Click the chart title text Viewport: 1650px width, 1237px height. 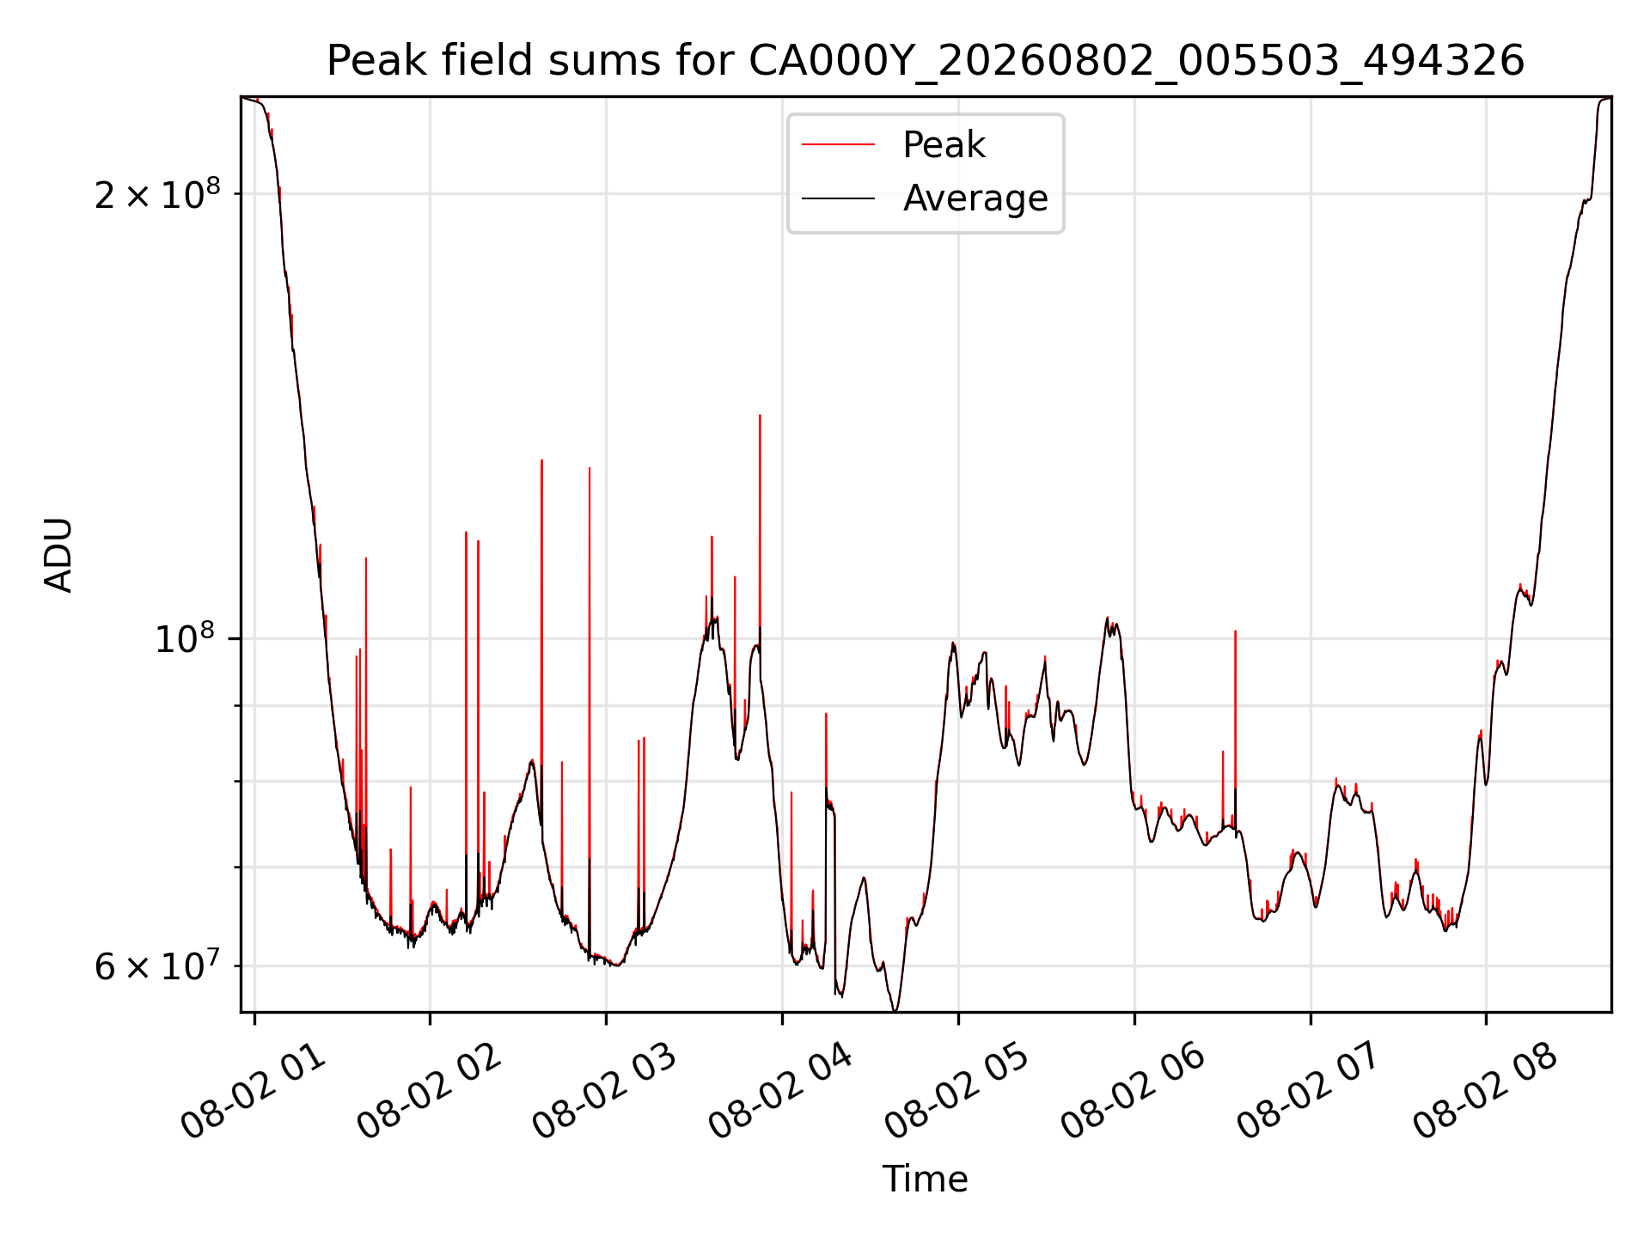tap(926, 61)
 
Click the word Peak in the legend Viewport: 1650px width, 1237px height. tap(944, 145)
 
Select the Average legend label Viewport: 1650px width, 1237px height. tap(975, 198)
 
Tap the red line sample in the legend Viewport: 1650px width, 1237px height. tap(839, 145)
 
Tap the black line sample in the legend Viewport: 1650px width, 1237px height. tap(839, 198)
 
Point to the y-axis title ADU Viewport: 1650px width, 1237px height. tap(58, 555)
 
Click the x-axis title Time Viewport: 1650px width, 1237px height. tap(926, 1179)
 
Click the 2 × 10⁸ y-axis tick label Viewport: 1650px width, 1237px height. tap(157, 195)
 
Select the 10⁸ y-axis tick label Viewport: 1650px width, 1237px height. tap(184, 638)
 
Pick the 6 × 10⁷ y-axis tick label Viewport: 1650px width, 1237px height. tap(157, 966)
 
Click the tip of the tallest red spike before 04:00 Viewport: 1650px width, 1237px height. tap(760, 415)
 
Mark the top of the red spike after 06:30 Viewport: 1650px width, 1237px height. tap(1235, 631)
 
